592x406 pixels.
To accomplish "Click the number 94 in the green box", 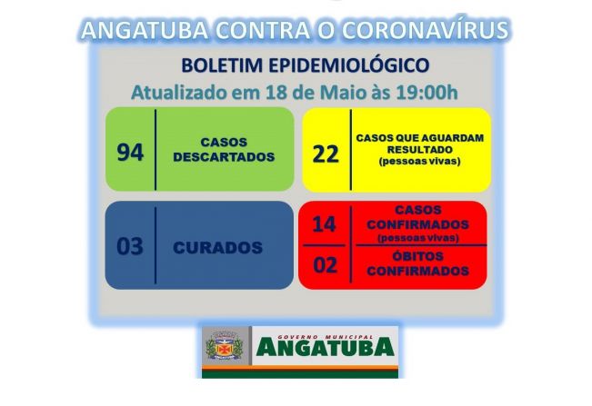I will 130,151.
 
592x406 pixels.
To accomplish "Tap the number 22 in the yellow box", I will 325,153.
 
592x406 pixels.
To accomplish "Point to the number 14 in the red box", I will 325,223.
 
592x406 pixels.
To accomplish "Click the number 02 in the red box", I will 325,265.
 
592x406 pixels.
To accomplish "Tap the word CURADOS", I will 218,247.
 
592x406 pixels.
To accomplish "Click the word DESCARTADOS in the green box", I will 224,156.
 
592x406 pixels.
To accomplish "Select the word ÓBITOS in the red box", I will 419,257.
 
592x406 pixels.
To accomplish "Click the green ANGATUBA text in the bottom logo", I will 325,348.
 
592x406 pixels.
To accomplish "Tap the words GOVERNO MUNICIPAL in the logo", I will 325,332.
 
